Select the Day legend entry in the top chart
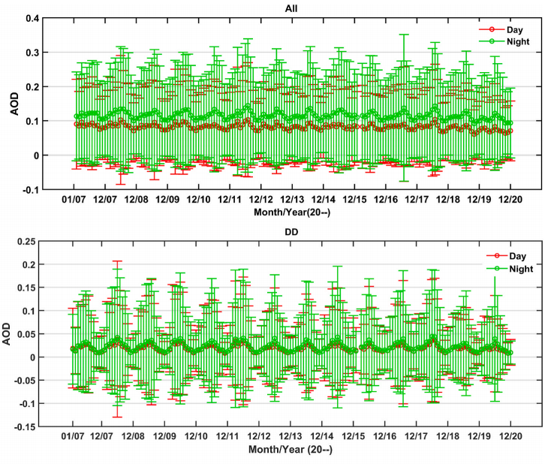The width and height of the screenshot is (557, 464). click(510, 29)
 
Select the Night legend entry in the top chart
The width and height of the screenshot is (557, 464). click(513, 42)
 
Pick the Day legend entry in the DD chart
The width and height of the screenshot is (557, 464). click(510, 256)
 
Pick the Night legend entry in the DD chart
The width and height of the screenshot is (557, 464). click(513, 268)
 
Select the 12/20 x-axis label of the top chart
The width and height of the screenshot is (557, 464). click(510, 200)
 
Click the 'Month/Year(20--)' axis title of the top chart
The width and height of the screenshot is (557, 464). click(292, 212)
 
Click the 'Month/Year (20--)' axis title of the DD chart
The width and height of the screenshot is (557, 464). click(292, 449)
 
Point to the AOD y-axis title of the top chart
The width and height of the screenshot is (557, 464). click(13, 104)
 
